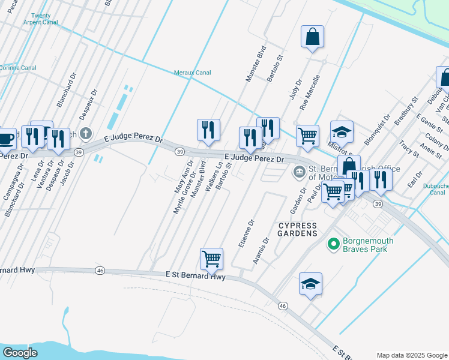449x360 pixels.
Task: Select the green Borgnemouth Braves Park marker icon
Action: coord(333,244)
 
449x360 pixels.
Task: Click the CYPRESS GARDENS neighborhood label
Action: coord(297,229)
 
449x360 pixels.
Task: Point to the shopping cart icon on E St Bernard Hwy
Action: coord(211,259)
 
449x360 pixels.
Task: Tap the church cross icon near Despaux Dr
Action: coord(86,133)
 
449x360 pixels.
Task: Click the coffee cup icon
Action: coord(6,139)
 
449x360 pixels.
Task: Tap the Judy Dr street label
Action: coord(295,90)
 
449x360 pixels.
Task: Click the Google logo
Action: coord(20,353)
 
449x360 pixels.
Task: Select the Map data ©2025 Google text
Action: coord(411,355)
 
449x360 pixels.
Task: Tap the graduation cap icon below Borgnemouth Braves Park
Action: coord(311,283)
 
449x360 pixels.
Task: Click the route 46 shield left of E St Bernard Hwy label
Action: coord(100,271)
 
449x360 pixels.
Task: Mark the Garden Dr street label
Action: coord(295,200)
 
